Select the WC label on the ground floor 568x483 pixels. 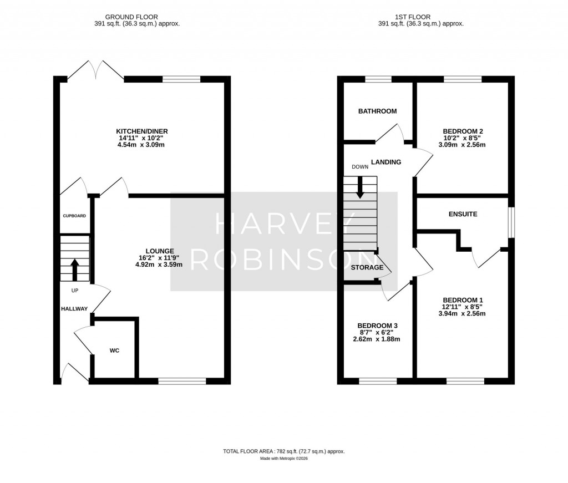coord(114,350)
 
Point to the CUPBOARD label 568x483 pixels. coord(74,215)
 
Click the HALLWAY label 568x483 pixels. coord(74,308)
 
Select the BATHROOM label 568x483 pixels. coord(377,111)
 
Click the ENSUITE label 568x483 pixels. coord(463,214)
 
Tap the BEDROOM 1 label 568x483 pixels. coord(462,299)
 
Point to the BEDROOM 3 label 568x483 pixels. coord(377,326)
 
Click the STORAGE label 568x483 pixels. coord(367,267)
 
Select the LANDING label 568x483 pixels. coord(386,162)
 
